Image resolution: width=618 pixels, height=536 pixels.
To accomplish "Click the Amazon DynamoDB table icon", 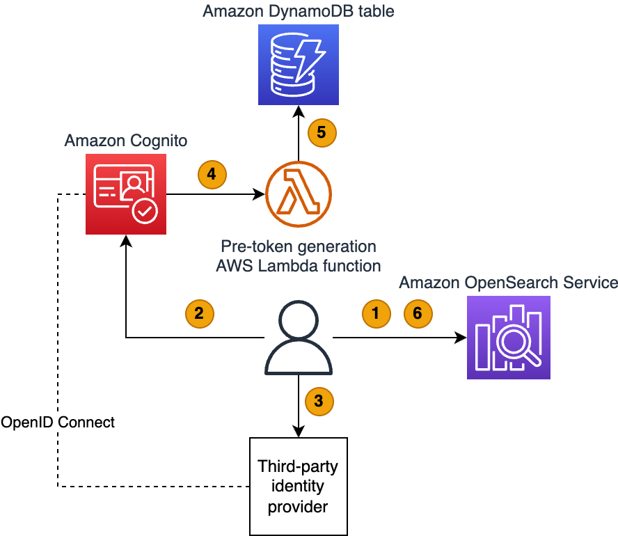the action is pos(299,65).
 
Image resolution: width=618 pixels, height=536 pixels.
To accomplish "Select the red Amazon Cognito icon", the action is pos(126,194).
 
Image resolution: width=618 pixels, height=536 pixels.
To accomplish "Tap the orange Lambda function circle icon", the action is pos(299,194).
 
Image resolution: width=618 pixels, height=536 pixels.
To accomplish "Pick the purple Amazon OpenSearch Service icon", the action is pos(509,338).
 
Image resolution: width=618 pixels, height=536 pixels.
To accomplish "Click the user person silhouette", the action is pos(299,338).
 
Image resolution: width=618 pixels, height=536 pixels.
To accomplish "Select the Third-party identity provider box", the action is pos(299,487).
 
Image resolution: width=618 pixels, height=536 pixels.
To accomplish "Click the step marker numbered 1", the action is pos(377,314).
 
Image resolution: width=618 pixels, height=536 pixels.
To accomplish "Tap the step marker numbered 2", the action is pos(200,314).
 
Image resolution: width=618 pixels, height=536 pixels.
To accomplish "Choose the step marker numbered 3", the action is pos(319,401).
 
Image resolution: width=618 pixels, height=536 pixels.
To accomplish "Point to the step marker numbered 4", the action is pos(212,174).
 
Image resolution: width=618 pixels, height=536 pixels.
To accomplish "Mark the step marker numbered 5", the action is pos(322,132).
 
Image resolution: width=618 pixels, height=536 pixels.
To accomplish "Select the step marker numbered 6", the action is pos(418,314).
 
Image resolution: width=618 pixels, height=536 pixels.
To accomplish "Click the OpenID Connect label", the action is pos(58,423).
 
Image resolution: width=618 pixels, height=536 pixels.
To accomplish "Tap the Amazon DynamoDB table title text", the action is pos(299,11).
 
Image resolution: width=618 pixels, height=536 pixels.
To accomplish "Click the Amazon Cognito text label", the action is pos(126,141).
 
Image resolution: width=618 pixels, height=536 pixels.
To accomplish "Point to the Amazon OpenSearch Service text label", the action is pos(509,283).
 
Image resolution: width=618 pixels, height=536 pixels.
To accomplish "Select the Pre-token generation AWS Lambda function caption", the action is pos(299,256).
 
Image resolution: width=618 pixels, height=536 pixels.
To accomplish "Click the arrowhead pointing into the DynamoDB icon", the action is pos(299,111).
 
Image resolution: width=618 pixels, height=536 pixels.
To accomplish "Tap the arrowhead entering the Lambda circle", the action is pos(259,194).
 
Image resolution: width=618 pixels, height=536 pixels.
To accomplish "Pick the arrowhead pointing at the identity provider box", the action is pos(299,431).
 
